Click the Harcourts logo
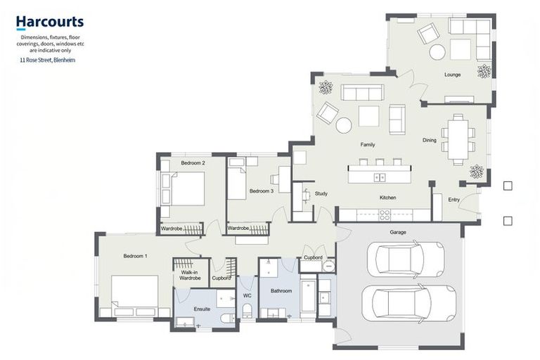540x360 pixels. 50,22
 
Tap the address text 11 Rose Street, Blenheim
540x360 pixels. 48,60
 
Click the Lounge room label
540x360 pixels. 452,75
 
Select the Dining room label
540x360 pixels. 429,140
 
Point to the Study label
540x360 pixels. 321,193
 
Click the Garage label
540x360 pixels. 398,232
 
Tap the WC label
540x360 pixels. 247,295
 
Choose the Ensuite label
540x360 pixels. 202,309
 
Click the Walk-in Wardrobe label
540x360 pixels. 190,275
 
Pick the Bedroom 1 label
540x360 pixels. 135,256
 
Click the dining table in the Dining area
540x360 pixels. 458,139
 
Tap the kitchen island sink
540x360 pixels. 380,177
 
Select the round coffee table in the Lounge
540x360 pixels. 437,52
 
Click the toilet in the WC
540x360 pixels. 247,310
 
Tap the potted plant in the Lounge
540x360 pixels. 484,71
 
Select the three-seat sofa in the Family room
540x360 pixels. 362,92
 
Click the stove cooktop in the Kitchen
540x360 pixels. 385,215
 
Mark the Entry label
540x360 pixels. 454,200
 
